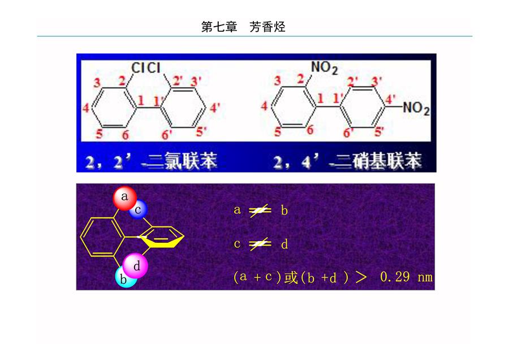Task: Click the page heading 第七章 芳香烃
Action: click(x=243, y=27)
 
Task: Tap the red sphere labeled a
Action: click(x=124, y=198)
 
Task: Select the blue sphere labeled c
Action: click(x=139, y=210)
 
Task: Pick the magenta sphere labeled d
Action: click(x=136, y=266)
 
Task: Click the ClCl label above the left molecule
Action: click(x=146, y=67)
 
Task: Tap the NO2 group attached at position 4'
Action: click(x=416, y=108)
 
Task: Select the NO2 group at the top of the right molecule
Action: click(x=324, y=67)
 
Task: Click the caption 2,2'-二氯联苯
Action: click(x=151, y=161)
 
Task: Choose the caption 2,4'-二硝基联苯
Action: click(x=347, y=161)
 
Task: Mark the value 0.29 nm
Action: click(x=406, y=277)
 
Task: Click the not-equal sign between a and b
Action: click(x=260, y=211)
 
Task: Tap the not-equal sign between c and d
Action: click(x=260, y=244)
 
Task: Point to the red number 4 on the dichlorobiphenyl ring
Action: click(x=86, y=108)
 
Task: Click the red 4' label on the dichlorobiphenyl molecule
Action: click(x=215, y=108)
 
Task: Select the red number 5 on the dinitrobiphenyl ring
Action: click(x=278, y=131)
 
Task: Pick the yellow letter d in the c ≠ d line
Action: click(x=284, y=244)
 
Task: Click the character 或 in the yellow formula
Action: click(x=291, y=277)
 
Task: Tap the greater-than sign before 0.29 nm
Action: click(x=361, y=277)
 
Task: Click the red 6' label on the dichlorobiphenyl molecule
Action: click(x=167, y=134)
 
